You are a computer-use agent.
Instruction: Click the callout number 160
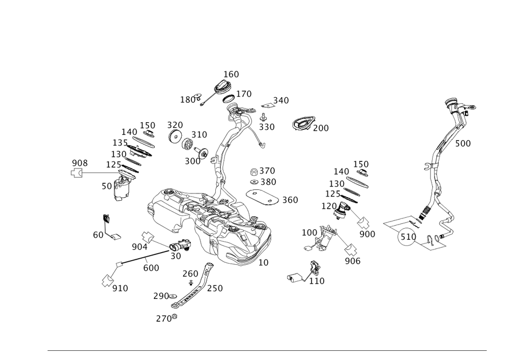coord(231,74)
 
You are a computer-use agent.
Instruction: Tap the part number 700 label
coord(321,128)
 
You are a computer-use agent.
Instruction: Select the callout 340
coord(281,100)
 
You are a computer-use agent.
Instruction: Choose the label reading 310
coord(200,134)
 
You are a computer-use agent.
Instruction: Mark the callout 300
coord(192,160)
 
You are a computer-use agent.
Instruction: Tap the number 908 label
coord(79,163)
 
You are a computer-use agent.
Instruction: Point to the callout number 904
coord(139,247)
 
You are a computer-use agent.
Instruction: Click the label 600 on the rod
coord(151,267)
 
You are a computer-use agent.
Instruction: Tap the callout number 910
coord(120,288)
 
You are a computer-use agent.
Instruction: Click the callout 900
coord(366,234)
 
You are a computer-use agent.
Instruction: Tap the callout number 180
coord(188,100)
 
